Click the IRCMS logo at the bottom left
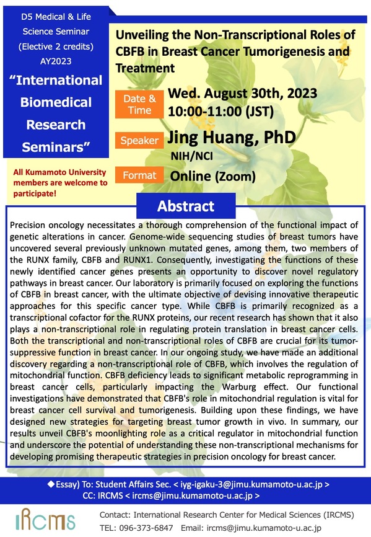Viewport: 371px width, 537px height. click(x=45, y=520)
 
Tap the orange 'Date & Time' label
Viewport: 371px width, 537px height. click(x=139, y=104)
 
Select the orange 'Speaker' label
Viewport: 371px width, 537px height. click(x=139, y=140)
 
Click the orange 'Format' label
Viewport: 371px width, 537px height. click(x=139, y=175)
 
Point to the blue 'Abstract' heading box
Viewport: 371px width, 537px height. click(x=186, y=206)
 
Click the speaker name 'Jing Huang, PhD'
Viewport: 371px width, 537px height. click(x=232, y=137)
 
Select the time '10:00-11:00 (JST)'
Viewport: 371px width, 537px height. click(x=220, y=111)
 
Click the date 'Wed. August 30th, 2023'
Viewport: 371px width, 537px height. click(x=242, y=93)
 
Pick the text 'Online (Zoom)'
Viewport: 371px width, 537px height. click(x=212, y=176)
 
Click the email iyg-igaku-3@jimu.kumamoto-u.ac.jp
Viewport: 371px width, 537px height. click(x=251, y=484)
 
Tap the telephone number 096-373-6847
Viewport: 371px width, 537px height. click(x=146, y=528)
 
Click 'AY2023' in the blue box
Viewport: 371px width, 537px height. click(x=56, y=61)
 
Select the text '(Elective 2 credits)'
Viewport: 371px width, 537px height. click(x=56, y=47)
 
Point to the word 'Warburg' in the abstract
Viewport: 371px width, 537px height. click(x=239, y=387)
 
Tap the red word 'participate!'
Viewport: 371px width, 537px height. click(x=35, y=193)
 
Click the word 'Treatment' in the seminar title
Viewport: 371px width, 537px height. click(x=145, y=68)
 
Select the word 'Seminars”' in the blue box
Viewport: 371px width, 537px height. click(x=56, y=147)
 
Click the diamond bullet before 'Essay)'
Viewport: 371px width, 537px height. click(x=51, y=484)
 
